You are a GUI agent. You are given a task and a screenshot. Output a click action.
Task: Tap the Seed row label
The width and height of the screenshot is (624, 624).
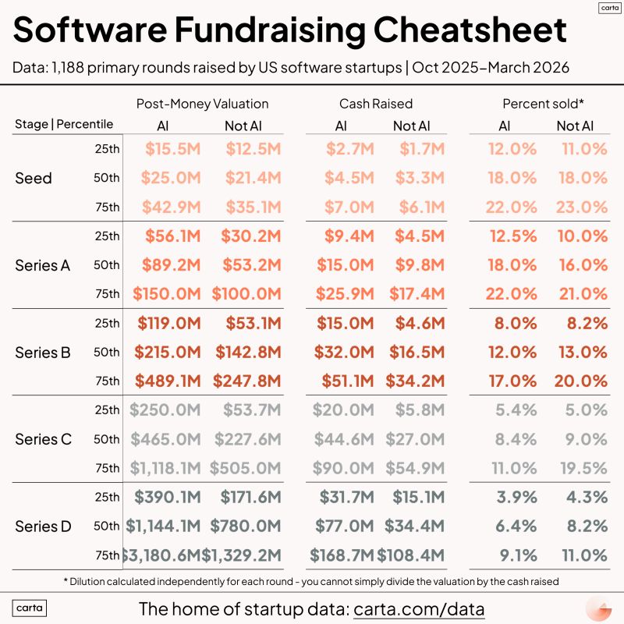click(x=34, y=178)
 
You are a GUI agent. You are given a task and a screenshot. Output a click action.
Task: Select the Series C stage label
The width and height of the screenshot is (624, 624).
click(x=43, y=439)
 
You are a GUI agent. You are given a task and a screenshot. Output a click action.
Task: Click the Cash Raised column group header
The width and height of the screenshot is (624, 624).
click(x=376, y=104)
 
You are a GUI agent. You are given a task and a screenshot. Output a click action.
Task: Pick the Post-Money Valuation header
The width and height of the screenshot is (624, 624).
click(x=202, y=104)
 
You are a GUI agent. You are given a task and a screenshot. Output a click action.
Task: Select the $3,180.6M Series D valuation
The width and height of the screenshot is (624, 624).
click(x=162, y=555)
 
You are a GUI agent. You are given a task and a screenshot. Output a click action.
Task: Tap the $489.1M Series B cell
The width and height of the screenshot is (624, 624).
click(x=167, y=381)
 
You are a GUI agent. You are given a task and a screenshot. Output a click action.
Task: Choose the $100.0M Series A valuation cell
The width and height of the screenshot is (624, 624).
click(x=246, y=294)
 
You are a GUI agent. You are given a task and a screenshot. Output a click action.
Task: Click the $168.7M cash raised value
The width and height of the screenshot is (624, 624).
click(x=341, y=555)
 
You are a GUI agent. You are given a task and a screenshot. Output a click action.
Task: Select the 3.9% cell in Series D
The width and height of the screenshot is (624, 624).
click(x=516, y=497)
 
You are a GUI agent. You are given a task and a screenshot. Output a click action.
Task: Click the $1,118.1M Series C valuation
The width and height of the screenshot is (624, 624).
click(x=165, y=468)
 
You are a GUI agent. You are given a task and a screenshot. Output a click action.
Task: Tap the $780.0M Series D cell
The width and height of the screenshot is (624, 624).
click(x=248, y=526)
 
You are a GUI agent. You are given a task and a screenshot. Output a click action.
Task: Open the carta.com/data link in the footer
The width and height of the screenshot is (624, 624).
click(x=419, y=608)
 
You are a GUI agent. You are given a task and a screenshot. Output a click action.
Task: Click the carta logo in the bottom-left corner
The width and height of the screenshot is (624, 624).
click(x=30, y=608)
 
